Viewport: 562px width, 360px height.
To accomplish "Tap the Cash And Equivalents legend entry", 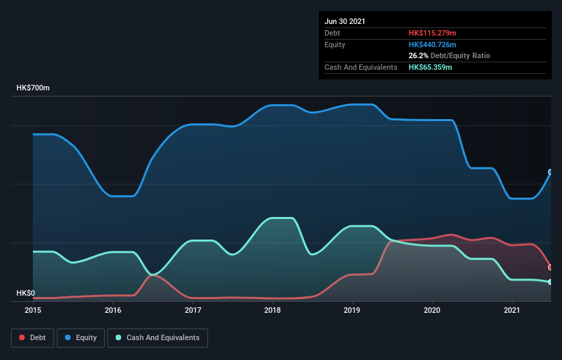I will (x=157, y=337).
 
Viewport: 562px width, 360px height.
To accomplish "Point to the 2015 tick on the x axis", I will (x=33, y=310).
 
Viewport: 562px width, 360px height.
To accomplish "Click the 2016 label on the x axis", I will (x=113, y=310).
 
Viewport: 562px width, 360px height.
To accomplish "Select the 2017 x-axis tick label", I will (x=193, y=310).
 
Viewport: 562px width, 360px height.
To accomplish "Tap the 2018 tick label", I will (x=272, y=310).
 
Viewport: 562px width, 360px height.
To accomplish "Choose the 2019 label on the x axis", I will (x=353, y=310).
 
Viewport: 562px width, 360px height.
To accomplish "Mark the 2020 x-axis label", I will (x=432, y=310).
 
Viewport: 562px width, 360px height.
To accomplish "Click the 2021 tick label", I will (x=512, y=310).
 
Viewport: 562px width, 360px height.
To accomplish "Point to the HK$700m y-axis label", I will (x=33, y=88).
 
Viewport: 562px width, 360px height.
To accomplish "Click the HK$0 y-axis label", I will (x=25, y=293).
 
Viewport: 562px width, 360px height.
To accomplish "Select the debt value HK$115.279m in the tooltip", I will (x=432, y=33).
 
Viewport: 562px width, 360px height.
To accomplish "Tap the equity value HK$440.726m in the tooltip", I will (x=432, y=44).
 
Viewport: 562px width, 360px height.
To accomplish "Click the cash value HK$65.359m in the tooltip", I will (x=430, y=67).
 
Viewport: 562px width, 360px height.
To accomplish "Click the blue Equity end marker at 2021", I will (x=550, y=172).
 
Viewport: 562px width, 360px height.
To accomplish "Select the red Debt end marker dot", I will (x=550, y=267).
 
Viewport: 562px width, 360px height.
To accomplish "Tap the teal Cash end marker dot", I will (x=550, y=282).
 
